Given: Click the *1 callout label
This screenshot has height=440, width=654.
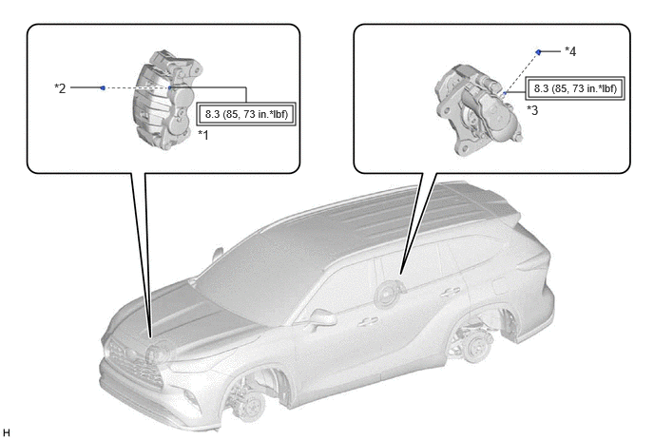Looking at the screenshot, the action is click(203, 135).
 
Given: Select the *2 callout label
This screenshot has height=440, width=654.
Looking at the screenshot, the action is click(60, 88).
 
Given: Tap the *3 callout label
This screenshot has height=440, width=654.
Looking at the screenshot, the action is click(532, 110).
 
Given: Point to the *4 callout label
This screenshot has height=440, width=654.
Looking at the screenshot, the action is click(570, 51).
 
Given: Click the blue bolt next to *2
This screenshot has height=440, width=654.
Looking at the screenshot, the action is click(103, 87).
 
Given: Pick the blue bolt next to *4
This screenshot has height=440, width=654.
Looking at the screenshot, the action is click(538, 52).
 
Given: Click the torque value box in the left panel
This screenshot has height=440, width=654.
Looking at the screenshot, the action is click(246, 114).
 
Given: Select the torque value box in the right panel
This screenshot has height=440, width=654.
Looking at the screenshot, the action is click(575, 88).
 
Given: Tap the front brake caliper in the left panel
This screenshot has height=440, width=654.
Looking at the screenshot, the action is click(167, 99).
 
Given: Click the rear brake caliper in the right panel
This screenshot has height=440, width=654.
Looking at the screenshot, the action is click(477, 109).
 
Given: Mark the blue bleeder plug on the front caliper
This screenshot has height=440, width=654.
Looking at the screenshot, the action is click(170, 87).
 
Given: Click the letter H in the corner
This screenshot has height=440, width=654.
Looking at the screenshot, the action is click(6, 432).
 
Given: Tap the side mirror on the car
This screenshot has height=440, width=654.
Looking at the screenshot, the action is click(322, 317).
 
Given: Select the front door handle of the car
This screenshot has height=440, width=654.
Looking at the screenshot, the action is click(368, 320).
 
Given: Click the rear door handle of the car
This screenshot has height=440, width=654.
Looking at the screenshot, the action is click(452, 291).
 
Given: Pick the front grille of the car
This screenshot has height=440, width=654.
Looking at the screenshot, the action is click(134, 364).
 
